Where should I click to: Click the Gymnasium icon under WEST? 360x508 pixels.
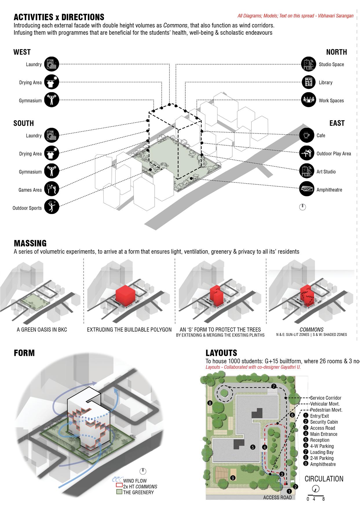[x=52, y=100]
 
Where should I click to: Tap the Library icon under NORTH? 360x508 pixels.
[x=308, y=82]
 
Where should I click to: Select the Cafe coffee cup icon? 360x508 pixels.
[x=307, y=135]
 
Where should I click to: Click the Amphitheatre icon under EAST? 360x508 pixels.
[x=307, y=190]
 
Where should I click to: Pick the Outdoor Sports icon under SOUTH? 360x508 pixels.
[x=52, y=208]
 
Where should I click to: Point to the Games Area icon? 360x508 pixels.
[x=52, y=190]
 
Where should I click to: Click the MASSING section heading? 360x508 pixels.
[x=30, y=243]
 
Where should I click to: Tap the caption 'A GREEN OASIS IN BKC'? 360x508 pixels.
[x=42, y=330]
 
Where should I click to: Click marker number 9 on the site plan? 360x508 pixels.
[x=232, y=478]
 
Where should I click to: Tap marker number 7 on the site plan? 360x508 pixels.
[x=274, y=386]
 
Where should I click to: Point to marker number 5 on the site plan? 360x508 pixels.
[x=253, y=447]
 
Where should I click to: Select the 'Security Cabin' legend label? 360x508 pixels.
[x=324, y=422]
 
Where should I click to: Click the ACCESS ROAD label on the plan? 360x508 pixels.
[x=277, y=498]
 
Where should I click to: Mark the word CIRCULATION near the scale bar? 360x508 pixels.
[x=324, y=479]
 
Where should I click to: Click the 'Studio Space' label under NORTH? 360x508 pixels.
[x=331, y=64]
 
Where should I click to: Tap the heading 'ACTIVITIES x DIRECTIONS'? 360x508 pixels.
[x=59, y=17]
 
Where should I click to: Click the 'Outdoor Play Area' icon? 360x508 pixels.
[x=307, y=154]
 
